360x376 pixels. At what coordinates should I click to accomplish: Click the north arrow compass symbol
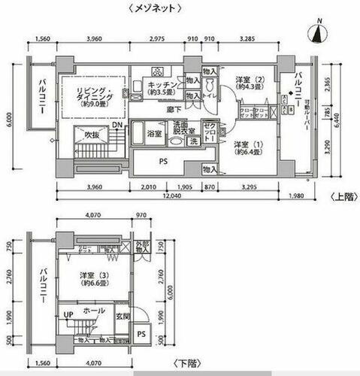[x=320, y=32]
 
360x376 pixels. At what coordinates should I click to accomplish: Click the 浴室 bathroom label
[x=155, y=134]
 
